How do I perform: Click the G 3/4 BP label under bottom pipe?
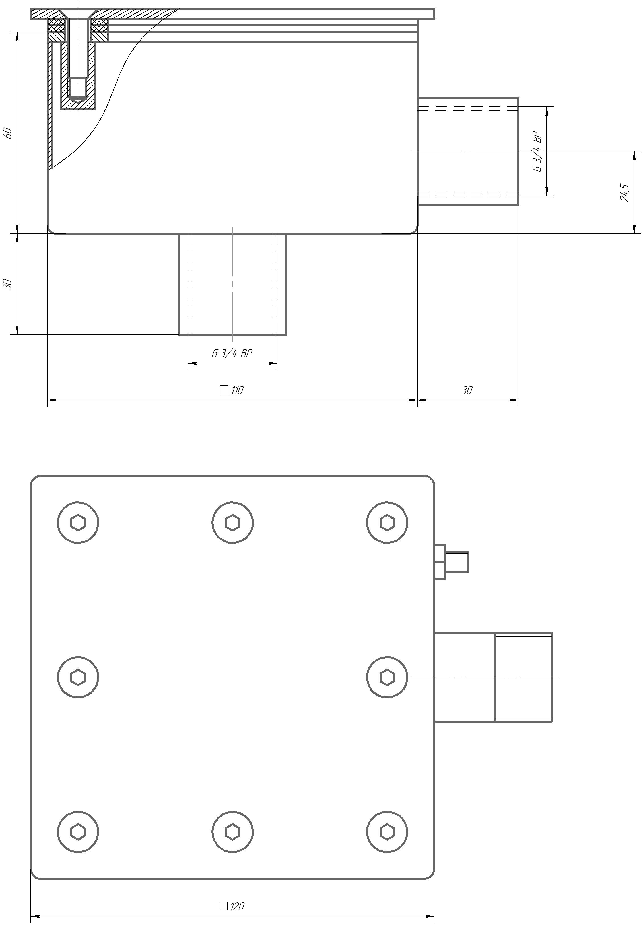click(x=232, y=354)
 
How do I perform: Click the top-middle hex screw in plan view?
click(x=232, y=523)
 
